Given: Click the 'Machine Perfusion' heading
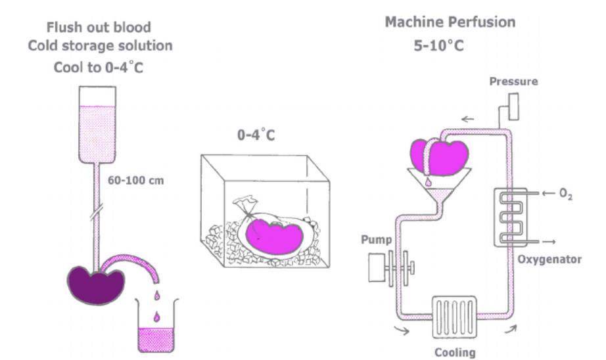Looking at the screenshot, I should [450, 22].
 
